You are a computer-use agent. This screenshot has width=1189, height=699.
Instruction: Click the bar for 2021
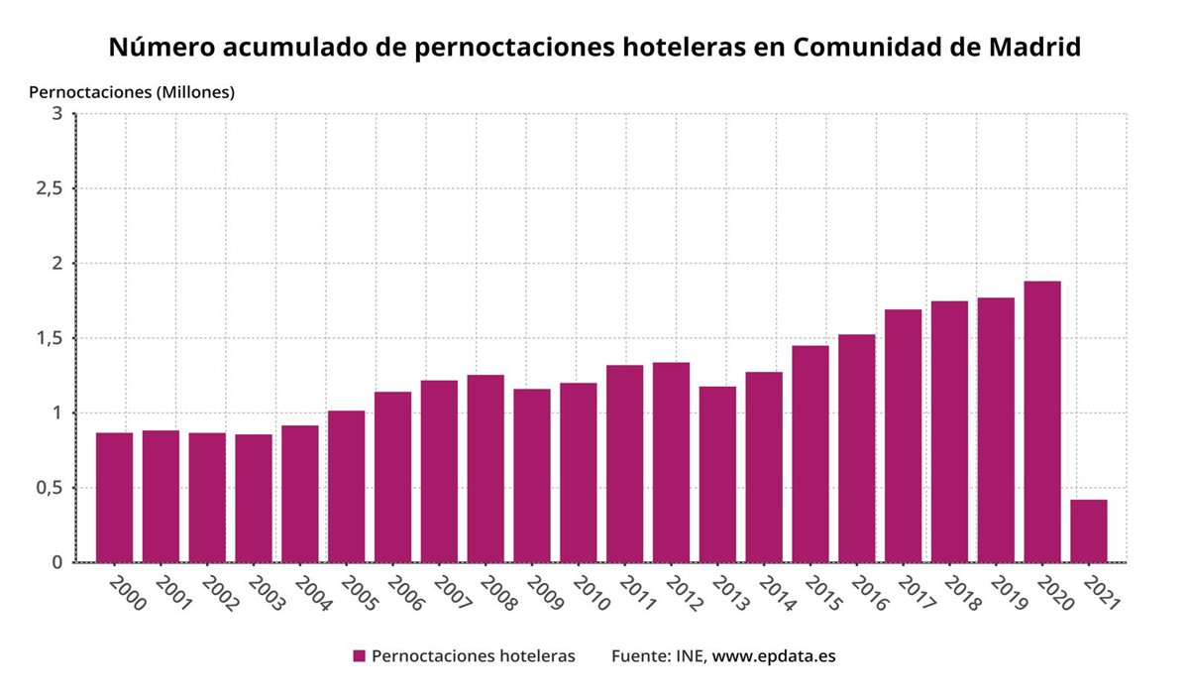1089,530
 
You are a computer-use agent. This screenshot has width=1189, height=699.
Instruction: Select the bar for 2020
1042,421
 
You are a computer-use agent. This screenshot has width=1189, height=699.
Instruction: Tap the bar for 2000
114,497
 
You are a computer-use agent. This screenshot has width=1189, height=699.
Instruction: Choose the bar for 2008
486,468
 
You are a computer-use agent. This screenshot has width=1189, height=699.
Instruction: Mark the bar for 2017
903,435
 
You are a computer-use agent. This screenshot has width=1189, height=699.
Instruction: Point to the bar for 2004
299,494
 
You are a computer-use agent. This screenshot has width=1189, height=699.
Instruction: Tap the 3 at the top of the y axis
57,114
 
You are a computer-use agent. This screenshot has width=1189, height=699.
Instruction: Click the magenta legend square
360,656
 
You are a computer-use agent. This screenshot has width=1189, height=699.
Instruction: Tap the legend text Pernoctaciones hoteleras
473,656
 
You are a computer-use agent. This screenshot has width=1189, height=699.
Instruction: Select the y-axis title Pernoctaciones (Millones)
132,92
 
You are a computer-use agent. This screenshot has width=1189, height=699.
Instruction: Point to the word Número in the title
158,47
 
